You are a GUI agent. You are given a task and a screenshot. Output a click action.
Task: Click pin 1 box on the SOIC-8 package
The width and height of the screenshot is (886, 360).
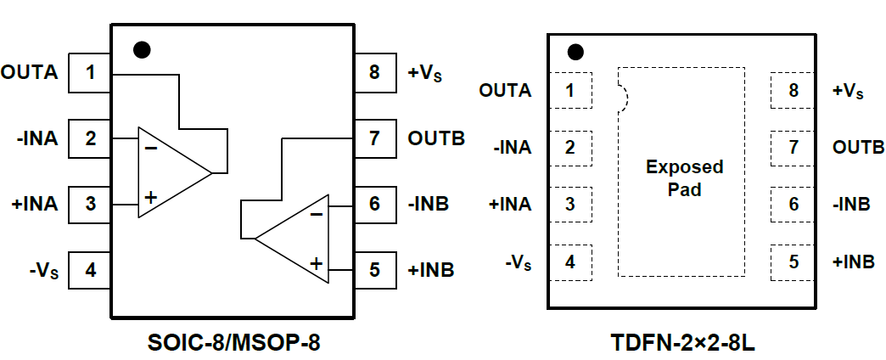(90, 73)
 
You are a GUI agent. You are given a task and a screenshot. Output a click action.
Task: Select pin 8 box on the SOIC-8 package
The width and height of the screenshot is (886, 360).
(374, 73)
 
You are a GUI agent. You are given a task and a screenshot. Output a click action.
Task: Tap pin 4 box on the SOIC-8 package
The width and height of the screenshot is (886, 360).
(90, 271)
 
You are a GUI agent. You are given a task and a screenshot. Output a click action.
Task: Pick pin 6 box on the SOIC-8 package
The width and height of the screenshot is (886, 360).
(374, 204)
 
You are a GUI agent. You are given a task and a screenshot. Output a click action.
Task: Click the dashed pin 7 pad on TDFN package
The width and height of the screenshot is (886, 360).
(793, 147)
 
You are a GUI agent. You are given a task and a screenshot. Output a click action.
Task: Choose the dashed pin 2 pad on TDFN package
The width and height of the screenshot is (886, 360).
(570, 147)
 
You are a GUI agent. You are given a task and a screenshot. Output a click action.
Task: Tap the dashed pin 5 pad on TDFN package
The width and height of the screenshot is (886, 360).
(793, 262)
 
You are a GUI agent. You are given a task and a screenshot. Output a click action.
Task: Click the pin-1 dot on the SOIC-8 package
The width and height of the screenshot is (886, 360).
(143, 49)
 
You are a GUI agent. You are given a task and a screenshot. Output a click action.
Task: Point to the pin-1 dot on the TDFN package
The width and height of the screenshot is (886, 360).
(576, 53)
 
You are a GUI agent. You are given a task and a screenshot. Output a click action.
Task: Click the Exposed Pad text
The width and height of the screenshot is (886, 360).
(684, 177)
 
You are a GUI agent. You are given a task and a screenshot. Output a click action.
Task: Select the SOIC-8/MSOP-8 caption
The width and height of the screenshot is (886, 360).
(232, 343)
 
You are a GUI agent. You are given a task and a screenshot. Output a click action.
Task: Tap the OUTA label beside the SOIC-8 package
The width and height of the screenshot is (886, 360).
(30, 73)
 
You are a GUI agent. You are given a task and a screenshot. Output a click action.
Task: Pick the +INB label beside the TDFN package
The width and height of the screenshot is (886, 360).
(854, 262)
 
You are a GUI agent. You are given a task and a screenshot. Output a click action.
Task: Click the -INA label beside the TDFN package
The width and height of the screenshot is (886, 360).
(512, 148)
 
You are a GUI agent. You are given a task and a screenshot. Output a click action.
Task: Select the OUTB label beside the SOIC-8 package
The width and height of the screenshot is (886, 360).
(436, 138)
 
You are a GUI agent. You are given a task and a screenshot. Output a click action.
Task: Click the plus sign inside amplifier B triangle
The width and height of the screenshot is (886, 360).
(316, 263)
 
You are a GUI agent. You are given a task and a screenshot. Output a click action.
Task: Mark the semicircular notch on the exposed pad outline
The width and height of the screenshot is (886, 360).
(623, 98)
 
